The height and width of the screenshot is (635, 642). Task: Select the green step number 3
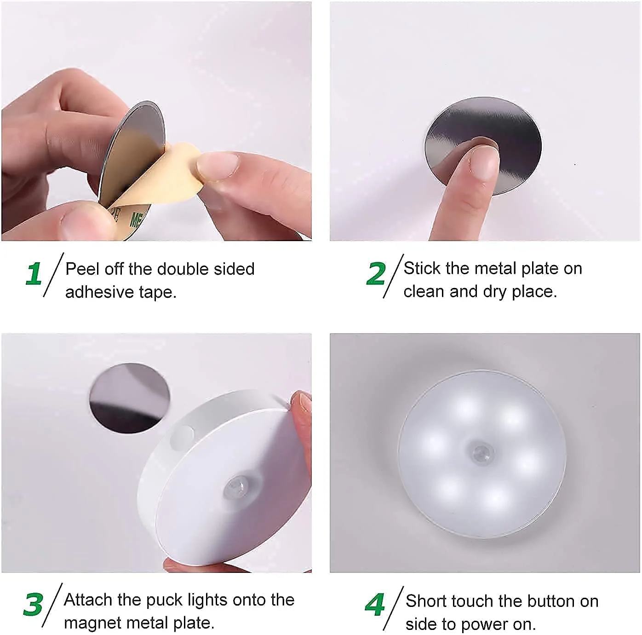point(33,604)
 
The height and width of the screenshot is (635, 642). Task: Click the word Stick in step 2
point(422,268)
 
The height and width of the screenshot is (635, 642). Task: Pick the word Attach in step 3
point(88,600)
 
